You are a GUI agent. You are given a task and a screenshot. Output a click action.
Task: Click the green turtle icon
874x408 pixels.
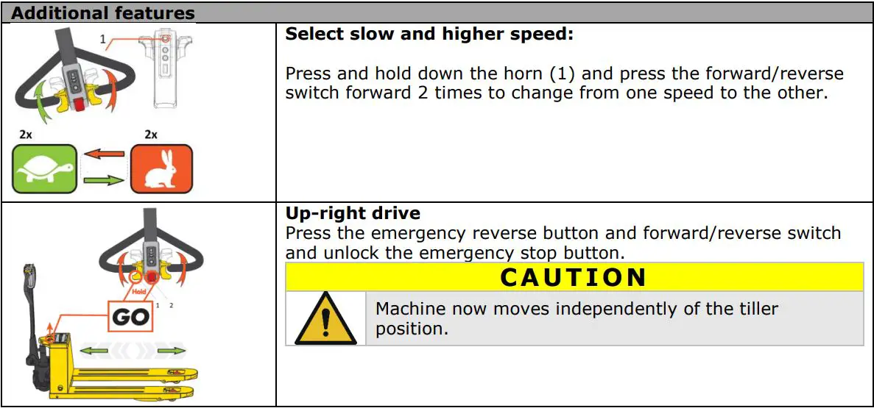[43, 168]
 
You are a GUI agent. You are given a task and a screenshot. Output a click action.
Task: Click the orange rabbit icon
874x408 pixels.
[161, 168]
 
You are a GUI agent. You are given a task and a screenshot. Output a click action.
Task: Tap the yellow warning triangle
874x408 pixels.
[325, 318]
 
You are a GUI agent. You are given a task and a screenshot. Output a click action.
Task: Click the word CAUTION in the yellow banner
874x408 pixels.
[574, 277]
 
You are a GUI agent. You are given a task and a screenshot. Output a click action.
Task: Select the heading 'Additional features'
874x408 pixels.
[103, 13]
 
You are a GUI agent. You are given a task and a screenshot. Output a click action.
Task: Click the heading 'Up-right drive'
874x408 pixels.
[353, 213]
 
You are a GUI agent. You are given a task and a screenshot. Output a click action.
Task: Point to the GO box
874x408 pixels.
[132, 317]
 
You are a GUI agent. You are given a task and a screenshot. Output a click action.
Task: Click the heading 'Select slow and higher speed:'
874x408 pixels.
[429, 34]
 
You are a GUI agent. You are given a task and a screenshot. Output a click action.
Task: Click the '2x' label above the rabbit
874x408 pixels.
[151, 135]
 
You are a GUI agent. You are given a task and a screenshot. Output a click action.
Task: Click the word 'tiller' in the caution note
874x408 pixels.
[758, 309]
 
